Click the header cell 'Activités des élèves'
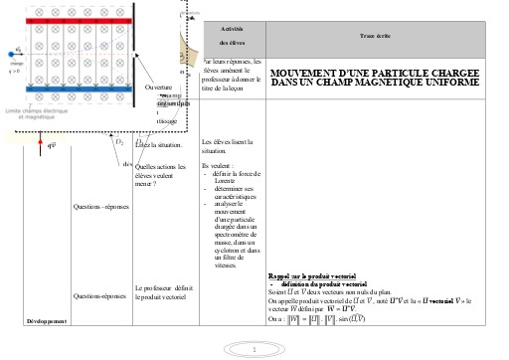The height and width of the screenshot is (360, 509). [233, 37]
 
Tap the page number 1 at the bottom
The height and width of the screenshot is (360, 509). [254, 349]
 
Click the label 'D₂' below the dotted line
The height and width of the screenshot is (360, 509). [119, 142]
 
